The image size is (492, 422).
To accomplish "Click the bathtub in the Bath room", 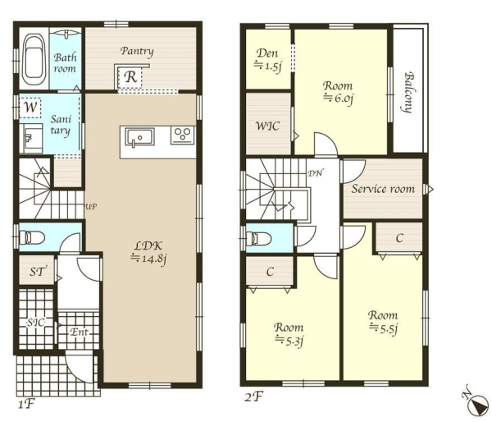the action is pos(34,59).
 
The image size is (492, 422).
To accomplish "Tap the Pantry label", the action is pos(137,51).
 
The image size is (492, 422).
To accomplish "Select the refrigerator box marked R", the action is pos(130,77).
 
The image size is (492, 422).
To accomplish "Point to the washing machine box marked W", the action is pos(30,108).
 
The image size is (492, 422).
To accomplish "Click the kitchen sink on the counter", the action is pos(139,137).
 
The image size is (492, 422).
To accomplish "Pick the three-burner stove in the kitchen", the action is pos(182,135).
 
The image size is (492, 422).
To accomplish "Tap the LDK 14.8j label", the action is pos(148,252).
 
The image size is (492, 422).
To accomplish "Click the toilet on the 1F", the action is pos(32,237).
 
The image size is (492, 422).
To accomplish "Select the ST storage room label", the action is pos(38,271).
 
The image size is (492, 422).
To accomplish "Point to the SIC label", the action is pos(35,323).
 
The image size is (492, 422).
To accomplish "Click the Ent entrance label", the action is pos(79,332).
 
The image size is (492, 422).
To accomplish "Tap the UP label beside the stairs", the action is pos(91,207).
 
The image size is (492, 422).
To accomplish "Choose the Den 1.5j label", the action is pos(267,60).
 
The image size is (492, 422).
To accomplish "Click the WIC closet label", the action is pos(267,126).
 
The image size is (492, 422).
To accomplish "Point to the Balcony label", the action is pos(408,93).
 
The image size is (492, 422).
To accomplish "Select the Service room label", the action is pos(383,189).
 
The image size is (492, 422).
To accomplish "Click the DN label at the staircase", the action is pos(315,172).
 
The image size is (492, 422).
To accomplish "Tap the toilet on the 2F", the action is pos(258,238).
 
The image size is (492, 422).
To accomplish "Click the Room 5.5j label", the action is pos(383,323).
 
